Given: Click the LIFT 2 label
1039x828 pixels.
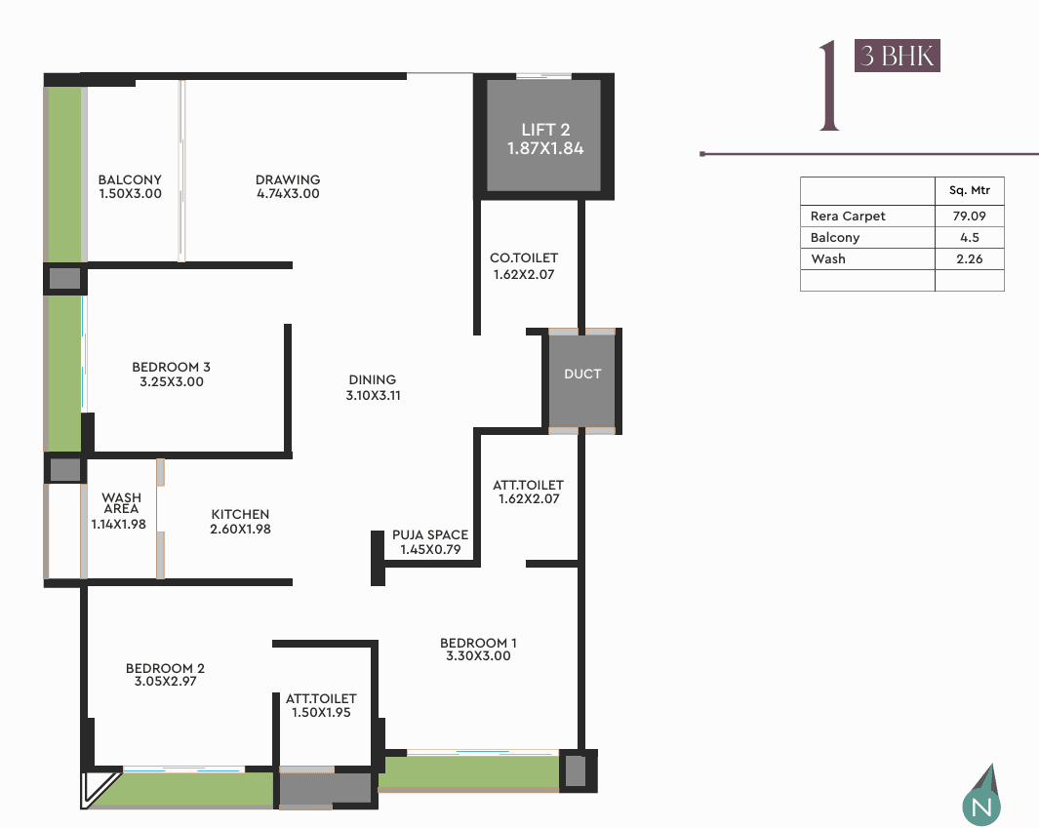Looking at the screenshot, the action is click(x=545, y=130).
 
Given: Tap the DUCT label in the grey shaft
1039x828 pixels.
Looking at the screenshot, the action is click(x=582, y=374).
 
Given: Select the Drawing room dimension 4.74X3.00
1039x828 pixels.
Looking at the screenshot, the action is click(x=288, y=193).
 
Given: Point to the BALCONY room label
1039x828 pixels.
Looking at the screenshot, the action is click(x=130, y=179).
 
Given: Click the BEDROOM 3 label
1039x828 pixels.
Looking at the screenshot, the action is click(x=171, y=367).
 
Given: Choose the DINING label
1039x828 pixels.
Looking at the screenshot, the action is click(x=373, y=379).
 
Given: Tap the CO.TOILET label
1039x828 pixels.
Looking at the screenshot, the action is click(x=524, y=257).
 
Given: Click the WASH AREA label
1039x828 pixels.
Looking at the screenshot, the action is click(x=121, y=503).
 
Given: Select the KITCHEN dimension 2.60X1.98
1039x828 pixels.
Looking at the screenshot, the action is click(x=241, y=529).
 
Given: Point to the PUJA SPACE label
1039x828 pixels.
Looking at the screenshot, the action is click(x=430, y=534).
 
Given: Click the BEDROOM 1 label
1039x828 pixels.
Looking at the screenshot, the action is click(x=478, y=643).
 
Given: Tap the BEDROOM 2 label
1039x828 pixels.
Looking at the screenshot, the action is click(x=165, y=668).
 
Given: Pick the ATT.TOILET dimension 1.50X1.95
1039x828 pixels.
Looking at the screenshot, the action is click(x=321, y=712).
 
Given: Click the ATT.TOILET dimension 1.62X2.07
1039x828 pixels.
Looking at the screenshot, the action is click(x=529, y=498).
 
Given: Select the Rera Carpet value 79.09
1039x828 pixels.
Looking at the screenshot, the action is click(x=970, y=216).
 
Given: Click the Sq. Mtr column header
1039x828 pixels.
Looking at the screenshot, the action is click(x=970, y=190).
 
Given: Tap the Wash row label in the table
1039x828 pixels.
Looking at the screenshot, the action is click(x=828, y=259).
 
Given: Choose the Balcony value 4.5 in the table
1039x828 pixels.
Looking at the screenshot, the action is click(x=970, y=237).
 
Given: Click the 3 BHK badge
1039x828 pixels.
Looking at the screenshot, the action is click(x=898, y=56).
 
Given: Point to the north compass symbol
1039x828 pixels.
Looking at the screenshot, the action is click(x=981, y=797).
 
